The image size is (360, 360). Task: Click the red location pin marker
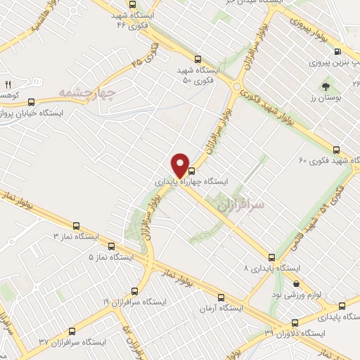point(181,165)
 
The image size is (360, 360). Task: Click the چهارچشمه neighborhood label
point(86,91)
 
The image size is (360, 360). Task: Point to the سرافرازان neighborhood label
point(259,205)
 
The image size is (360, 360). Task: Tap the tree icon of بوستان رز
point(326,87)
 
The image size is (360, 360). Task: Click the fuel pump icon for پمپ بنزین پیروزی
point(338,52)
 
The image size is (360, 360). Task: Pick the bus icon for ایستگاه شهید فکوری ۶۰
point(336,149)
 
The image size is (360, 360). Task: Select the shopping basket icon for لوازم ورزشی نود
point(297,284)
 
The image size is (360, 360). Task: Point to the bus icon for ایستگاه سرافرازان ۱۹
point(134,290)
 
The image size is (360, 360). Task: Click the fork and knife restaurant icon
point(8,84)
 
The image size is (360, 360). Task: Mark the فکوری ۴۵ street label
point(146,56)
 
